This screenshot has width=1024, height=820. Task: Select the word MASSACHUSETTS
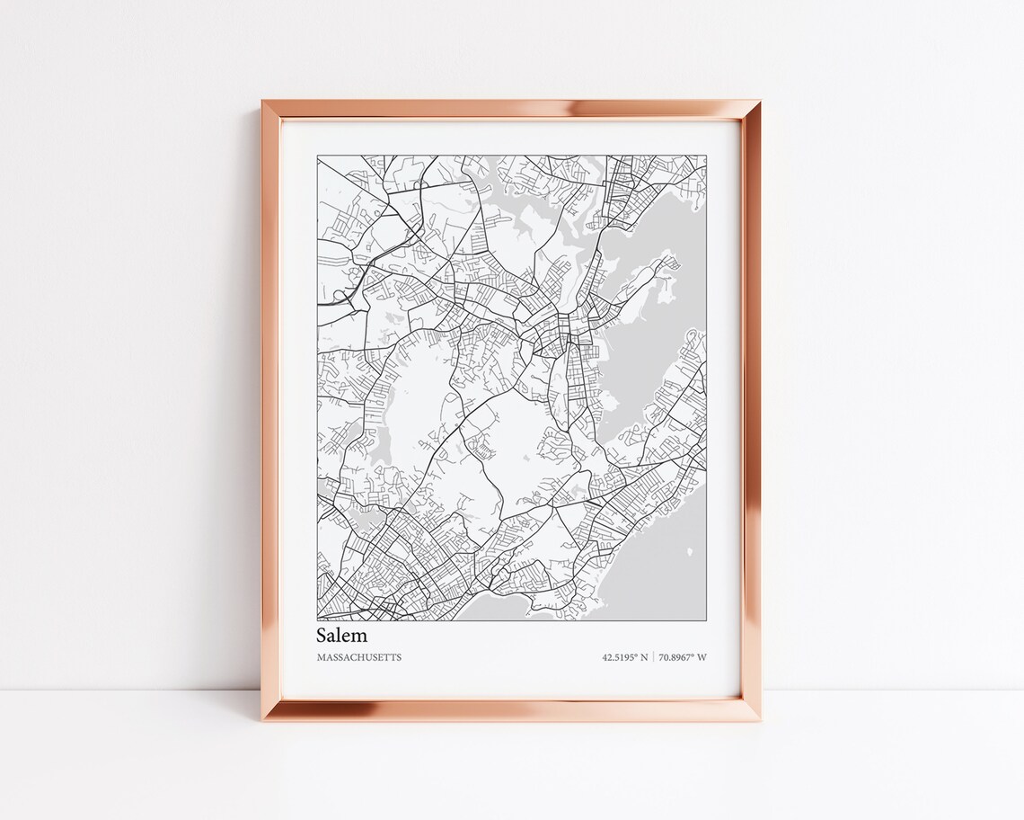359,657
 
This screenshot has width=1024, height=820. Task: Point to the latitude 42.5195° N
625,657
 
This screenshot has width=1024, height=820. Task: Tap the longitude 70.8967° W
683,657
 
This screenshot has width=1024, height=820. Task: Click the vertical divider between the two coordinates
654,657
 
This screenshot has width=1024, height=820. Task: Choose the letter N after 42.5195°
645,657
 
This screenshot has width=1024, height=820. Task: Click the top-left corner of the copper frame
263,101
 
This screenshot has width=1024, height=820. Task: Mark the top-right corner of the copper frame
761,101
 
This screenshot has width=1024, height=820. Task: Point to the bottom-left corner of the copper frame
263,721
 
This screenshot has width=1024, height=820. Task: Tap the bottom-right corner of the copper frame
761,721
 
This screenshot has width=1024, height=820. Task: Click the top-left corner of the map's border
317,156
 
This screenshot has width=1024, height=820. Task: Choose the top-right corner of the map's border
706,156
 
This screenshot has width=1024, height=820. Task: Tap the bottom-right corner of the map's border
706,621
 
